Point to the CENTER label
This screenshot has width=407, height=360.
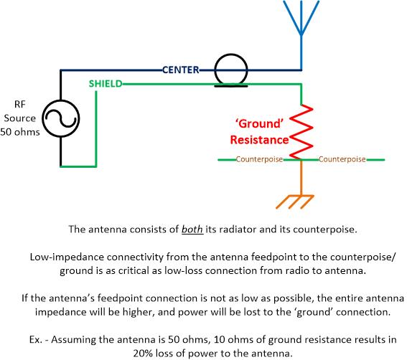point(180,70)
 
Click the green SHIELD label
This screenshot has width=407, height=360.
point(105,83)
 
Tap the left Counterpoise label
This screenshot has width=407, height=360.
point(260,159)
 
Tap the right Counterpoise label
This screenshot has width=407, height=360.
point(342,159)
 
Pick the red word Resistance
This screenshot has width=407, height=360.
point(258,139)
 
